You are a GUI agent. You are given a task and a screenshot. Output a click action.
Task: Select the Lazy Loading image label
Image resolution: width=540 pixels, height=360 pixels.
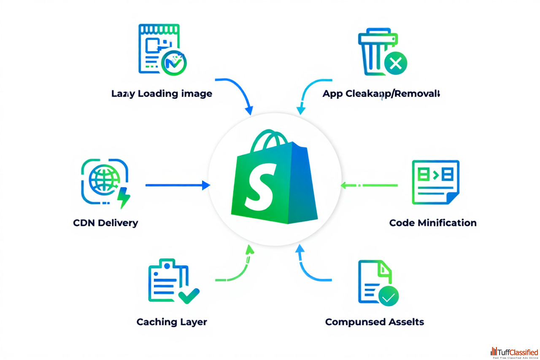tap(162, 94)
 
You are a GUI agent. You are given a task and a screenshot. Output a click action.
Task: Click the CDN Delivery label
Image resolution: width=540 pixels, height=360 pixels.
tap(105, 223)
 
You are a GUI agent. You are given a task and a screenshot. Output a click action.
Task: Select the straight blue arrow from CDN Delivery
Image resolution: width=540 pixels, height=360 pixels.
tap(177, 185)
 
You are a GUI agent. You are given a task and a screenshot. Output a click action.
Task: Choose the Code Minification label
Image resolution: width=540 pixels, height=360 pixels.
tap(433, 223)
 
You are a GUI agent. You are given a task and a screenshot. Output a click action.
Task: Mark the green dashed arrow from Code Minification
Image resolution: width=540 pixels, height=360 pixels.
tap(369, 185)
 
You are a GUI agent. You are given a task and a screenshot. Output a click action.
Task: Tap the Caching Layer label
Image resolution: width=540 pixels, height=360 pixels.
tap(172, 322)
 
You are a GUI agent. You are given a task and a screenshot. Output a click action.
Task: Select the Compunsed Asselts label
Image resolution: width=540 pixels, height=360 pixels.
tap(374, 322)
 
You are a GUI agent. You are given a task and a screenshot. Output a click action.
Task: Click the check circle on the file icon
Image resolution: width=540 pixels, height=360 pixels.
tap(388, 296)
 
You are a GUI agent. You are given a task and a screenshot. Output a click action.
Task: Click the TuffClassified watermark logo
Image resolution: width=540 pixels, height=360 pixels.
tap(514, 352)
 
